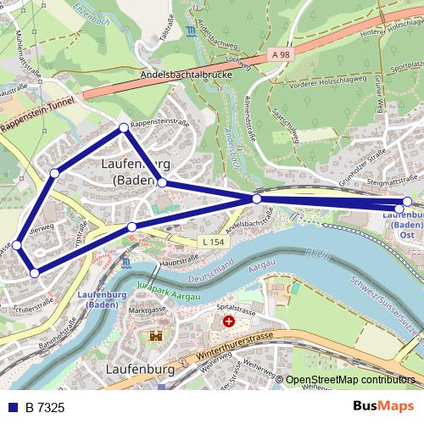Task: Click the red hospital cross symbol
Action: click(x=227, y=322)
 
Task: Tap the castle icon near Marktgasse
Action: click(x=156, y=336)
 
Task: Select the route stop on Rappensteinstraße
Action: click(x=124, y=128)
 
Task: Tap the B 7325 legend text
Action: click(x=45, y=408)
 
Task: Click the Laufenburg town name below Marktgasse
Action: click(x=142, y=371)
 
